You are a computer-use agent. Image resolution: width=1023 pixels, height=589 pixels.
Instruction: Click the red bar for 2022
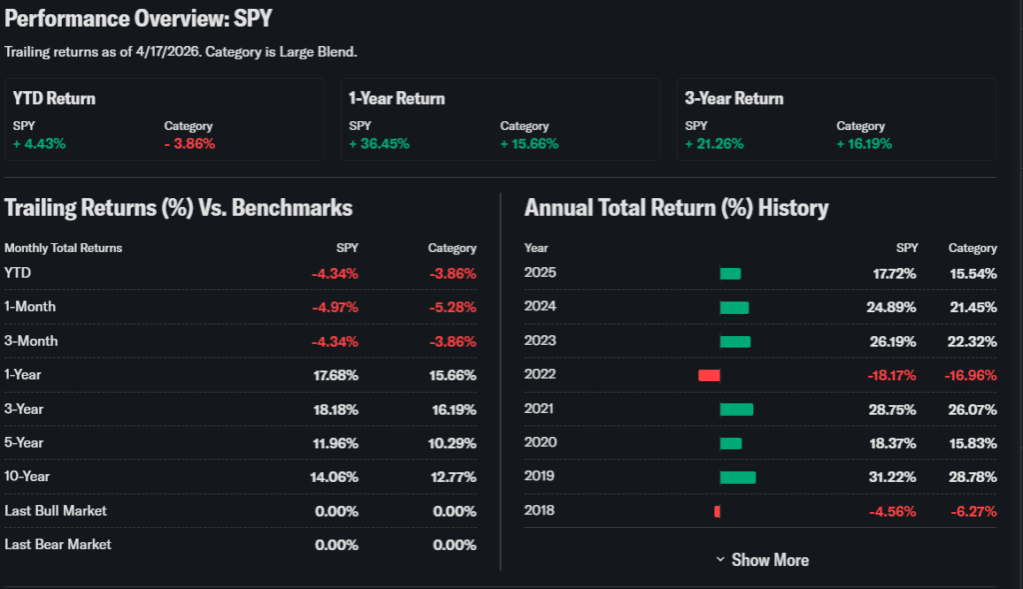pos(709,375)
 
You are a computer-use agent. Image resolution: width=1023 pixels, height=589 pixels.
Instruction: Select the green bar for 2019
pos(737,477)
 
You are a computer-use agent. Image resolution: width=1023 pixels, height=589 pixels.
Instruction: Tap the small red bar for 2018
pos(717,511)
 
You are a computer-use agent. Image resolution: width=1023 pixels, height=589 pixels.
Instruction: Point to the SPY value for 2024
pos(891,307)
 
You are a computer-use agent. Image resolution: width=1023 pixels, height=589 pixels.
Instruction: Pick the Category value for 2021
pos(970,409)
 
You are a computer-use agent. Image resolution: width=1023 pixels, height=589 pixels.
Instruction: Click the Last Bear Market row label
pos(58,545)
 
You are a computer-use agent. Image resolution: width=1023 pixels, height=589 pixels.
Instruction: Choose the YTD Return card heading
pos(54,98)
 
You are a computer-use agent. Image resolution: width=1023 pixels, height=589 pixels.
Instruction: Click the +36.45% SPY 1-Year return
pos(379,144)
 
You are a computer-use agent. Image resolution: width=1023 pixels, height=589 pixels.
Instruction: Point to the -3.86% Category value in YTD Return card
pos(190,144)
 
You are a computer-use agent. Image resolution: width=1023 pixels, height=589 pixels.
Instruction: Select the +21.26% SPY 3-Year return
pos(715,144)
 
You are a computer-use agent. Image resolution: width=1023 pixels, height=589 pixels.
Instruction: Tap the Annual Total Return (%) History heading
pos(676,208)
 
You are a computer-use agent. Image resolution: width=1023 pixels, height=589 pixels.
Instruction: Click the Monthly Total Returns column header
pos(63,248)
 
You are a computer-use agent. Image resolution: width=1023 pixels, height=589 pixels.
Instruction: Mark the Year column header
pos(536,248)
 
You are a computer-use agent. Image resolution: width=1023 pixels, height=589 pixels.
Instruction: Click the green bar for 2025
pos(730,273)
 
